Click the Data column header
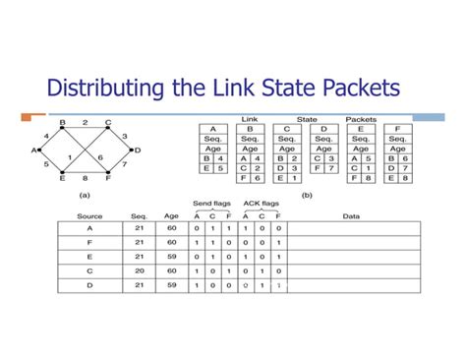(x=350, y=215)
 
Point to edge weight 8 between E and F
(x=86, y=178)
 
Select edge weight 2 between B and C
(x=85, y=122)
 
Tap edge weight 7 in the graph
(x=124, y=164)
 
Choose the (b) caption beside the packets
(x=306, y=195)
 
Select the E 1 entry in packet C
(x=285, y=178)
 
